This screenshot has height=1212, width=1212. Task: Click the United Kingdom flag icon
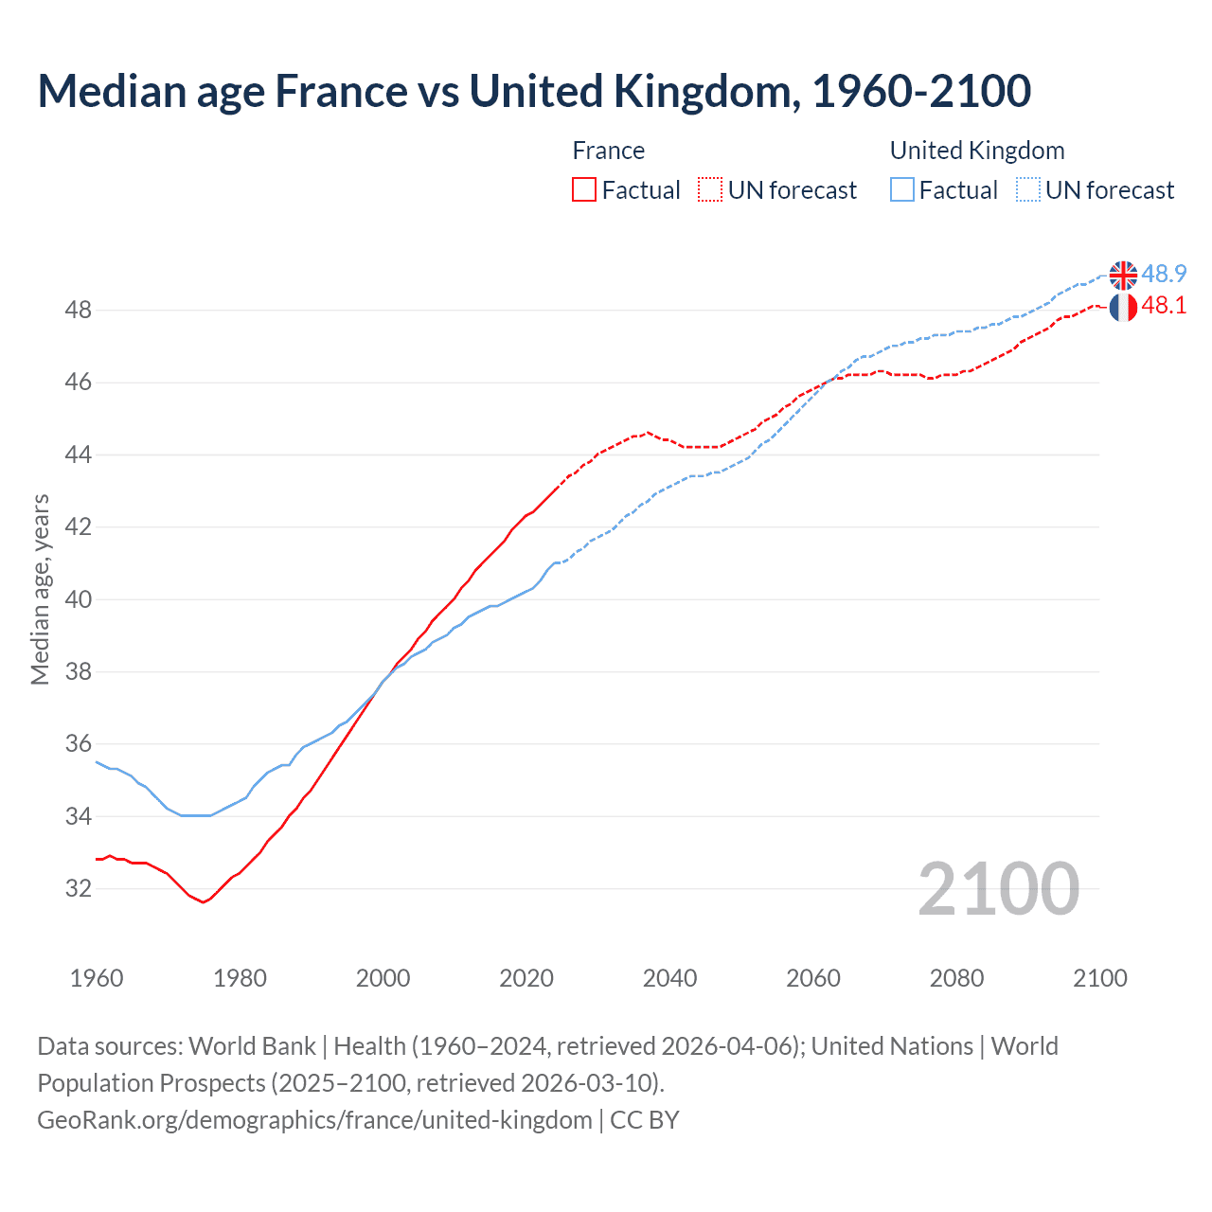(1123, 275)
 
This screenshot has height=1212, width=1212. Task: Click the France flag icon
(1123, 307)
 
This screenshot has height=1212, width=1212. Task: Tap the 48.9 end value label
(1164, 274)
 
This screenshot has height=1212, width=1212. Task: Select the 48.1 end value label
(1164, 305)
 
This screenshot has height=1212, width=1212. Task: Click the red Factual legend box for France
(584, 189)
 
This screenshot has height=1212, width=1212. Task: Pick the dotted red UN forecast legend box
(710, 189)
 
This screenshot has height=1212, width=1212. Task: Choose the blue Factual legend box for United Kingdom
(902, 189)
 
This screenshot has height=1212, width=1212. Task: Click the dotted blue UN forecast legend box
(1028, 189)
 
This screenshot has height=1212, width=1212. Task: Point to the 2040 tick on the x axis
(669, 978)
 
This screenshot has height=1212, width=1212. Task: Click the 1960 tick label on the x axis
(97, 978)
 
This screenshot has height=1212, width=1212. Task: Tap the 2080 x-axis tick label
(956, 978)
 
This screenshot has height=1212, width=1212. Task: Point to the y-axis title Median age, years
(40, 589)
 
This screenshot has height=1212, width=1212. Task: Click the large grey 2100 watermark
(998, 888)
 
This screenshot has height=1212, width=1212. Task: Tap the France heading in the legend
(608, 151)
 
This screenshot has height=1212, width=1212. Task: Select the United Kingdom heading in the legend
(977, 151)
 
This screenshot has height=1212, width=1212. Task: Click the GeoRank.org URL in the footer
(314, 1119)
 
